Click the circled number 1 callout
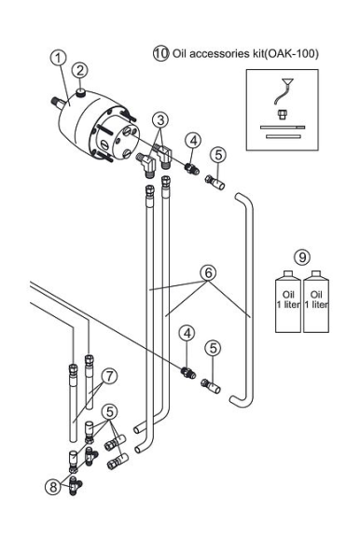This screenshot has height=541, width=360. click(58, 58)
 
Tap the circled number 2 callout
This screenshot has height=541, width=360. click(80, 71)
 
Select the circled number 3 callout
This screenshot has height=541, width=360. click(160, 120)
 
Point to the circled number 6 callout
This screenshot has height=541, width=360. click(208, 273)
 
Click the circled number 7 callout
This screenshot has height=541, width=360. click(109, 376)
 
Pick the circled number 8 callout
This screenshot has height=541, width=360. click(53, 487)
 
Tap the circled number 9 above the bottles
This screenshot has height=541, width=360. click(302, 257)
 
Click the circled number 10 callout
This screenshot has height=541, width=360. click(161, 53)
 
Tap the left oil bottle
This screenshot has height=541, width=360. click(288, 302)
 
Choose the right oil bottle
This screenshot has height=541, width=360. click(316, 302)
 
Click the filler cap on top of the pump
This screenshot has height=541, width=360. click(81, 91)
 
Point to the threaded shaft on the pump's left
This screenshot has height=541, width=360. click(58, 102)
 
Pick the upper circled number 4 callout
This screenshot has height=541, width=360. click(193, 141)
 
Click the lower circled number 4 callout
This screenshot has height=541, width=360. click(187, 333)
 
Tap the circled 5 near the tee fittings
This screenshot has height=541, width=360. click(110, 411)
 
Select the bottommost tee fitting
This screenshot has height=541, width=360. click(74, 486)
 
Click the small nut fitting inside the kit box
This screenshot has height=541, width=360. click(283, 114)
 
